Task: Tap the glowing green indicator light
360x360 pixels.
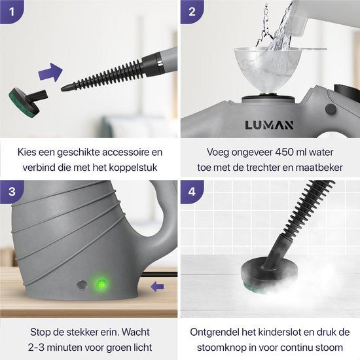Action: coord(101,285)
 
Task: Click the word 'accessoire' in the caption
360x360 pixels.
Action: coord(128,152)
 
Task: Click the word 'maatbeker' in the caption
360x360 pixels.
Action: coord(321,167)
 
